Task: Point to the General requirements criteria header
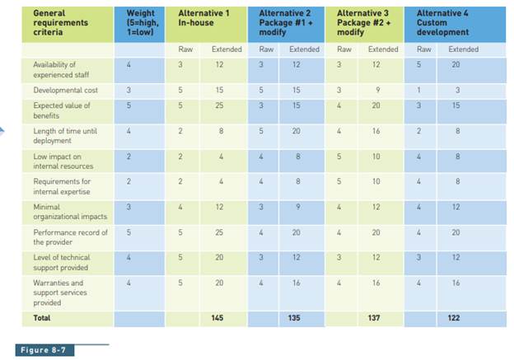(60, 23)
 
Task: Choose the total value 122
(454, 317)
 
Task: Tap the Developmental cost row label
(60, 89)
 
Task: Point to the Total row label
(41, 317)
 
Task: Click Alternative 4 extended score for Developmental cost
(456, 89)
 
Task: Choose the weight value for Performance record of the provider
(128, 232)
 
